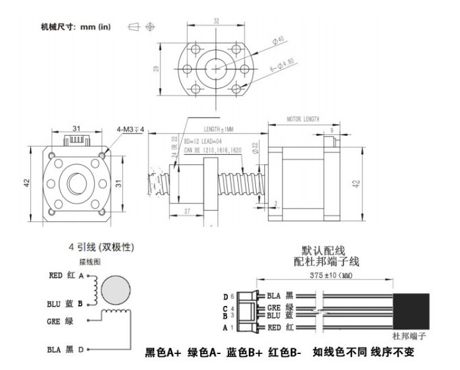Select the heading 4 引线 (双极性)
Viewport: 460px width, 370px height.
click(105, 247)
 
